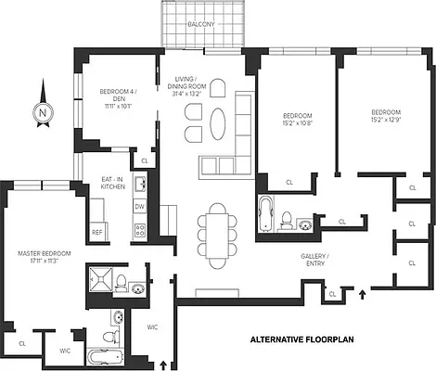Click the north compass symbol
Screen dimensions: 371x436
pyautogui.click(x=43, y=110)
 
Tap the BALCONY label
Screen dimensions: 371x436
pyautogui.click(x=201, y=23)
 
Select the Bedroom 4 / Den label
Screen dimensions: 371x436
pyautogui.click(x=117, y=96)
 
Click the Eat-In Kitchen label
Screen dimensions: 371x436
pyautogui.click(x=114, y=183)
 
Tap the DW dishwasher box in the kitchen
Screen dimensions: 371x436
pyautogui.click(x=140, y=206)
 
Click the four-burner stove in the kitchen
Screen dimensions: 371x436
pyautogui.click(x=140, y=228)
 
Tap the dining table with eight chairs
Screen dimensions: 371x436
pyautogui.click(x=216, y=234)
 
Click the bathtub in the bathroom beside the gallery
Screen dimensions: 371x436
pyautogui.click(x=265, y=213)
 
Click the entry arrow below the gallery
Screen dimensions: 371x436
pyautogui.click(x=363, y=296)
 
